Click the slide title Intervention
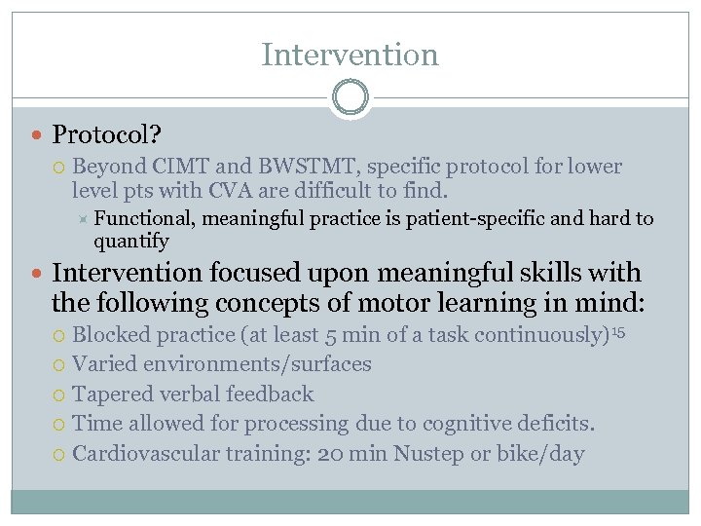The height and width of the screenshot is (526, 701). (x=350, y=55)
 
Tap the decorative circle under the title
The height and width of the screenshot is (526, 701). (x=350, y=97)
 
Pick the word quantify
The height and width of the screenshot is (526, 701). (x=131, y=241)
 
